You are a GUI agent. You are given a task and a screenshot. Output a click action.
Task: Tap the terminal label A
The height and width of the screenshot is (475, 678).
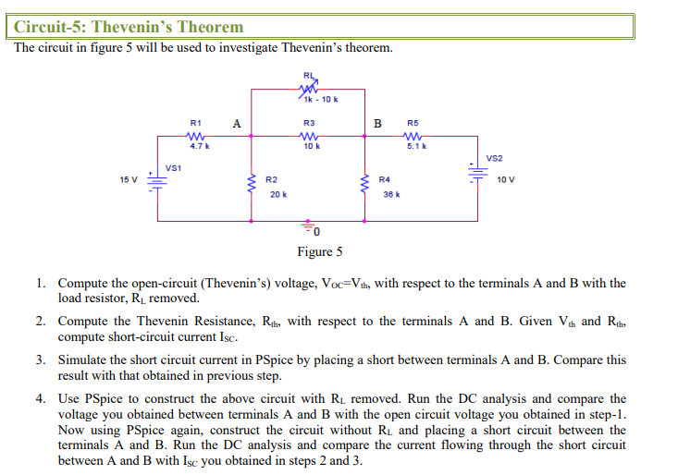pyautogui.click(x=238, y=123)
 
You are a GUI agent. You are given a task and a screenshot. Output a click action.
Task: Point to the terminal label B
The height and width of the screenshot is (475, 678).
pyautogui.click(x=376, y=123)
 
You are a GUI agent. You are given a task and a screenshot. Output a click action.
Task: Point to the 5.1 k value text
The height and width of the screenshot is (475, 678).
pyautogui.click(x=416, y=146)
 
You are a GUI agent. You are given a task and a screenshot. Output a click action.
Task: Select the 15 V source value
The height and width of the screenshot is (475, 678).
pyautogui.click(x=129, y=179)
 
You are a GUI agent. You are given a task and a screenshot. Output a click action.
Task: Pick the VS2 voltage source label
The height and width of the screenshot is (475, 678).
pyautogui.click(x=495, y=158)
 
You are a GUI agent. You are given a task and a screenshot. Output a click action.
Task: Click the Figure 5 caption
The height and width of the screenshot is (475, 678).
pyautogui.click(x=319, y=251)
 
